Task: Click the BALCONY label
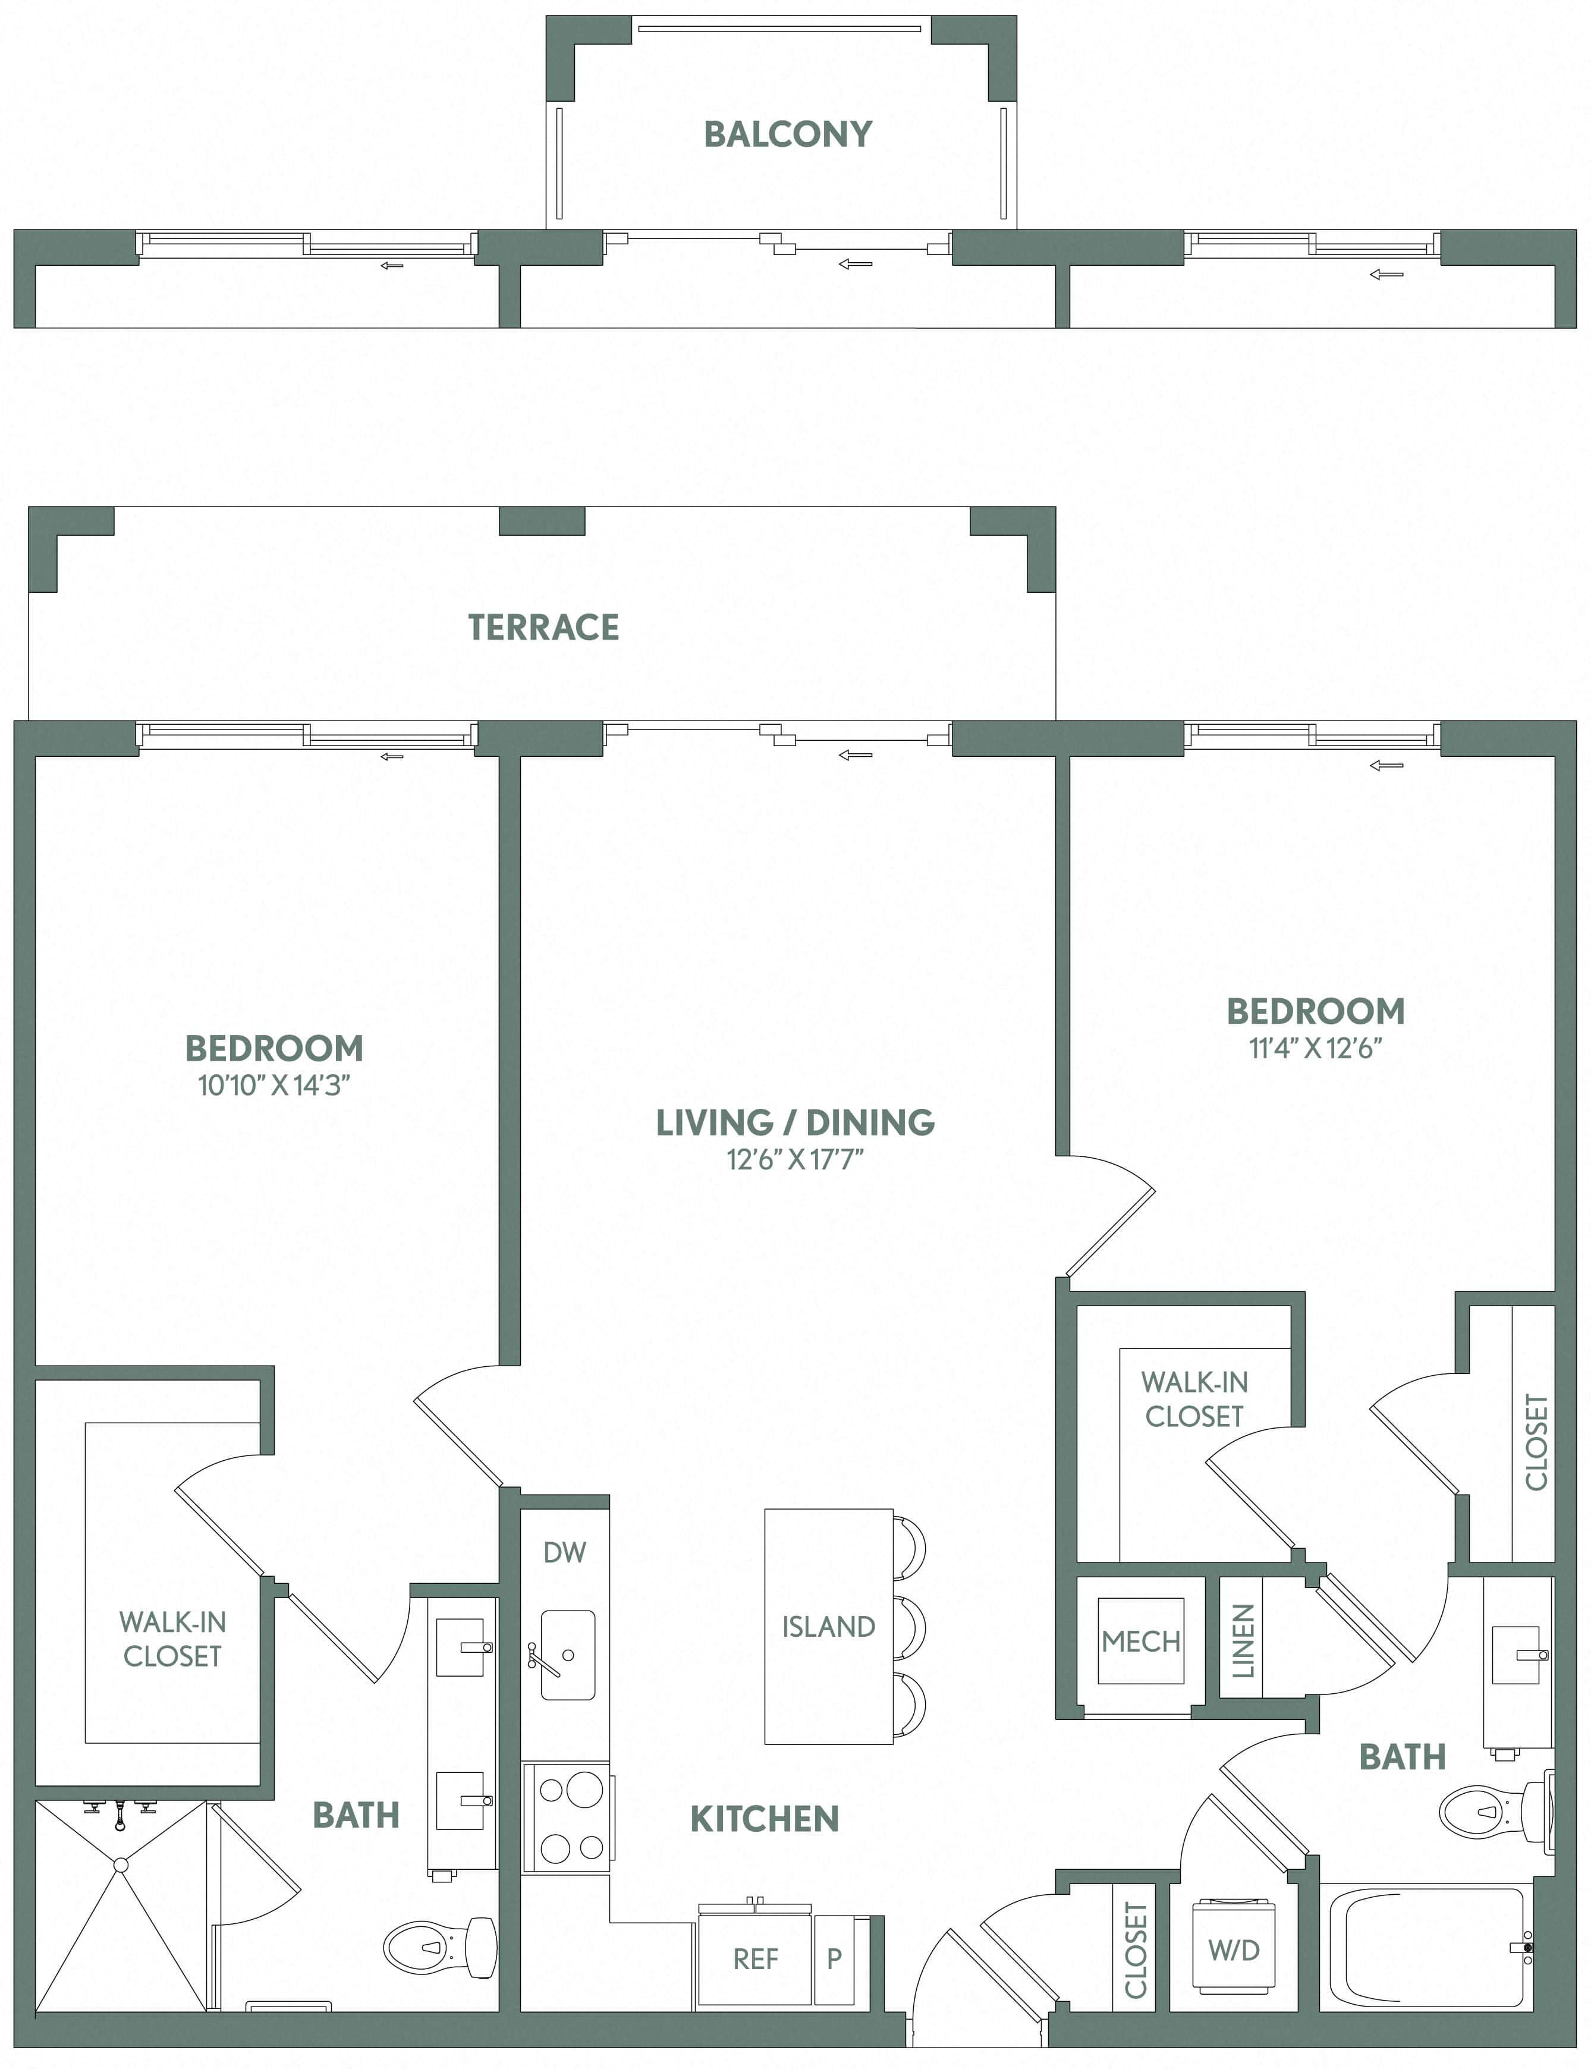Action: [x=787, y=134]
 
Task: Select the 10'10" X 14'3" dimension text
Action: [x=273, y=1085]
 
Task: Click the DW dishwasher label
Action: [x=564, y=1552]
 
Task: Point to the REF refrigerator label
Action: [x=755, y=1959]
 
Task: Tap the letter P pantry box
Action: [x=834, y=1959]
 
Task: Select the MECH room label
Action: [x=1140, y=1641]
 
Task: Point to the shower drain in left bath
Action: [x=120, y=1864]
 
